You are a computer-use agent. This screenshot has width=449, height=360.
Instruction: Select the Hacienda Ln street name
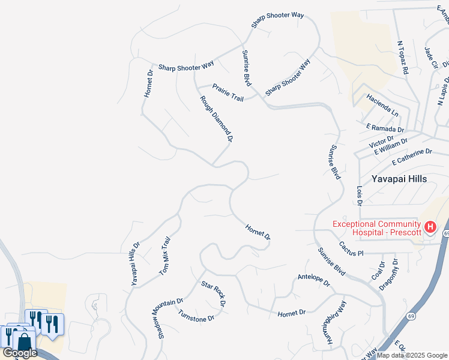[x=382, y=104]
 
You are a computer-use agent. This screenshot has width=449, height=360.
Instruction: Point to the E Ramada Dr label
[x=385, y=128]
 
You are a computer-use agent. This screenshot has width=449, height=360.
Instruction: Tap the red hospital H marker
[x=430, y=227]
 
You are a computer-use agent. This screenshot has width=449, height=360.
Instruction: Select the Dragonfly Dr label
[x=390, y=275]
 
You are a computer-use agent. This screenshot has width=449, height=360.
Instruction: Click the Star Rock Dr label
[x=213, y=294]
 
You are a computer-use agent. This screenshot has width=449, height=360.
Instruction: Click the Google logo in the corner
[x=20, y=353]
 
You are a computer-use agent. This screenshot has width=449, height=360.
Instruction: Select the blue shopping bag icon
[x=25, y=343]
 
